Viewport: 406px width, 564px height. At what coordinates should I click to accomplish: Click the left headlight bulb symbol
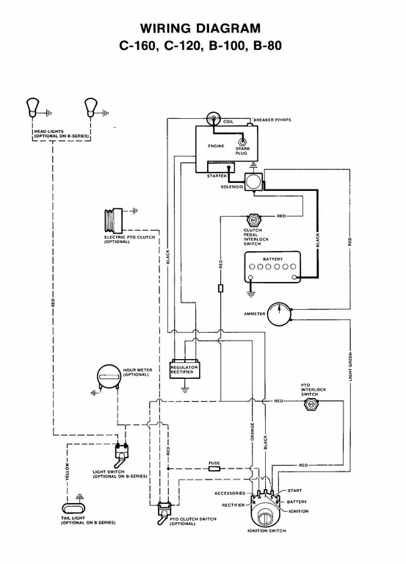pyautogui.click(x=32, y=106)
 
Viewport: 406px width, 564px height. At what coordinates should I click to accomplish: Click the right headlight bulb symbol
pyautogui.click(x=90, y=106)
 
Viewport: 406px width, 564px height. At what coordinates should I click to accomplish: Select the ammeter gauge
pyautogui.click(x=279, y=314)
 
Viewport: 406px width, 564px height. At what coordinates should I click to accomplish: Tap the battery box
pyautogui.click(x=272, y=267)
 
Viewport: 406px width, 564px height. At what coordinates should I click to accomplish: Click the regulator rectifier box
pyautogui.click(x=185, y=369)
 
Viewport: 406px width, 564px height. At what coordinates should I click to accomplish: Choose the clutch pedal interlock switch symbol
pyautogui.click(x=253, y=220)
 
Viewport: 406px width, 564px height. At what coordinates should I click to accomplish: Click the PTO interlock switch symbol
pyautogui.click(x=310, y=405)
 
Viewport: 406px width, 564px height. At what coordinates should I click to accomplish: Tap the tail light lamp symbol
pyautogui.click(x=74, y=508)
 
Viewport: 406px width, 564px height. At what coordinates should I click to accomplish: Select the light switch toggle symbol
pyautogui.click(x=122, y=455)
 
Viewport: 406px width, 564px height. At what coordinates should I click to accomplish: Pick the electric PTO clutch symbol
pyautogui.click(x=113, y=220)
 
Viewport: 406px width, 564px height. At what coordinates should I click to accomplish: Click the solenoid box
pyautogui.click(x=253, y=181)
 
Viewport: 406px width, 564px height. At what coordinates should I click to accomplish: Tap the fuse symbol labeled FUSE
pyautogui.click(x=214, y=469)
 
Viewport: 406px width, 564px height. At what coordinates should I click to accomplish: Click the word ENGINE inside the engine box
pyautogui.click(x=216, y=146)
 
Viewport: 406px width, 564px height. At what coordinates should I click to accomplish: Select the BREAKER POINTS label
pyautogui.click(x=272, y=120)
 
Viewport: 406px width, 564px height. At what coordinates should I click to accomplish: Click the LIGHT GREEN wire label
pyautogui.click(x=350, y=366)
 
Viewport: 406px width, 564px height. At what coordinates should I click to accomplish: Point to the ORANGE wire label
pyautogui.click(x=252, y=432)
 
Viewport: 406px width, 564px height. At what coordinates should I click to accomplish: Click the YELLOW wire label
pyautogui.click(x=67, y=471)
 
